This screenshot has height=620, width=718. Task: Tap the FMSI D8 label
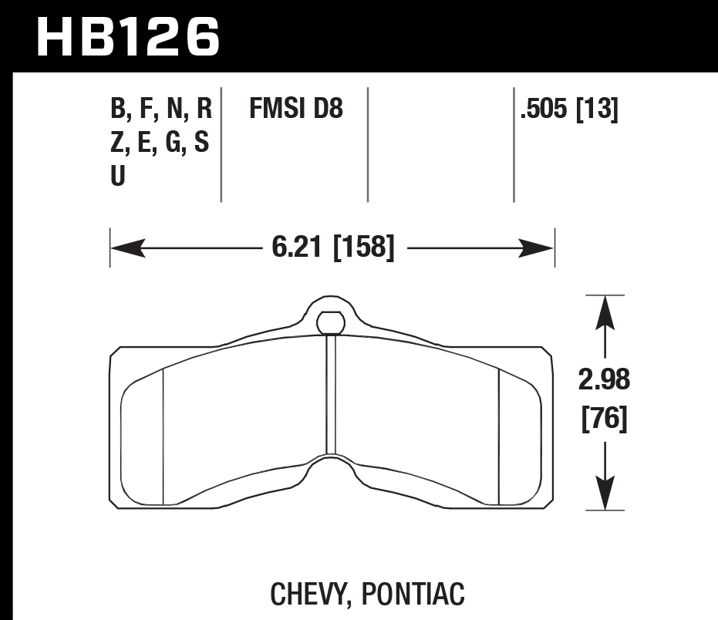(295, 110)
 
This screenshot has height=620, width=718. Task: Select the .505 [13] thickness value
(569, 110)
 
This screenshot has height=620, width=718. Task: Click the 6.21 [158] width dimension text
(332, 248)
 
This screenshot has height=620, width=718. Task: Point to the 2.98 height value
(605, 380)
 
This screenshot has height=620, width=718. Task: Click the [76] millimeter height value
(605, 420)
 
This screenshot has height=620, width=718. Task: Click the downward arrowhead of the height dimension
(605, 497)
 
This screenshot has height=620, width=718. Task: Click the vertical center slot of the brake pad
(332, 393)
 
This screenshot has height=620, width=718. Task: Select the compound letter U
(118, 177)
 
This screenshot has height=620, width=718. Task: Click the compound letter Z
(118, 143)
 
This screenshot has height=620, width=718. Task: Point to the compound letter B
(119, 110)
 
